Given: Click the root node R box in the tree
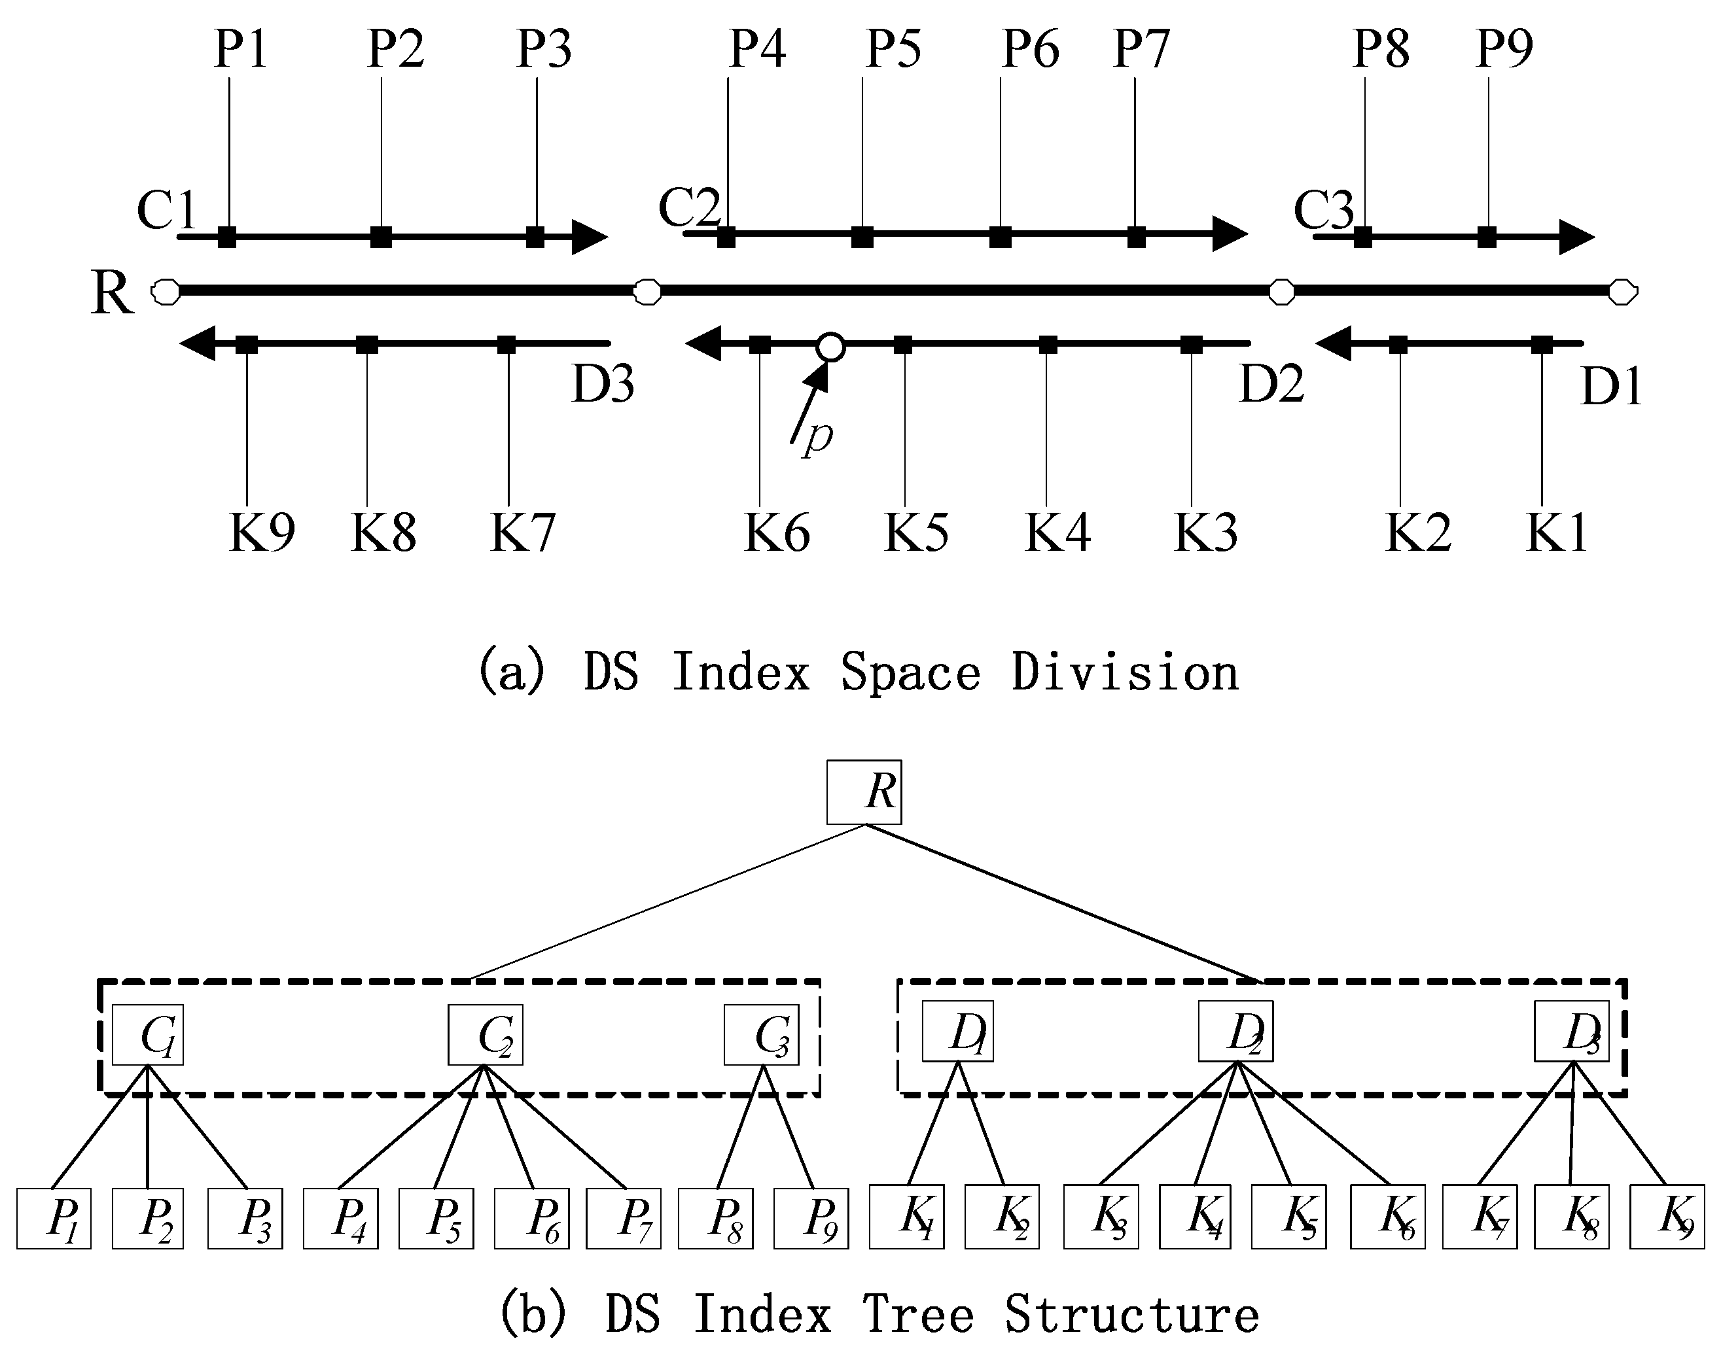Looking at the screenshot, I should tap(864, 792).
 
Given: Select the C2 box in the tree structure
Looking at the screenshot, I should tap(485, 1034).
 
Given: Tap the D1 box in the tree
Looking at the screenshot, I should tap(957, 1031).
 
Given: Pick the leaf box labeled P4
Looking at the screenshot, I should tap(340, 1218).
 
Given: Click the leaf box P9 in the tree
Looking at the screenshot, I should tap(811, 1218).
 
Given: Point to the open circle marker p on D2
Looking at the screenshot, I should tap(830, 346).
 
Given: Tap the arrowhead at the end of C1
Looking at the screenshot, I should tap(590, 237).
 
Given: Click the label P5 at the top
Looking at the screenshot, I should tap(894, 48).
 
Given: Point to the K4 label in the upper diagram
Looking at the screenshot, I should tap(1057, 532).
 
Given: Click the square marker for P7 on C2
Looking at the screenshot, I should tap(1137, 237).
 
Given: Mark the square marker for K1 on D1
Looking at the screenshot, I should tap(1542, 345).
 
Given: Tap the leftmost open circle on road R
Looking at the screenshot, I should tap(166, 292).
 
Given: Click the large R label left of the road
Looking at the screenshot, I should tap(111, 292).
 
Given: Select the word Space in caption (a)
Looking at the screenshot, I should tap(910, 672).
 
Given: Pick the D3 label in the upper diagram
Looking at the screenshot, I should tap(603, 384).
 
